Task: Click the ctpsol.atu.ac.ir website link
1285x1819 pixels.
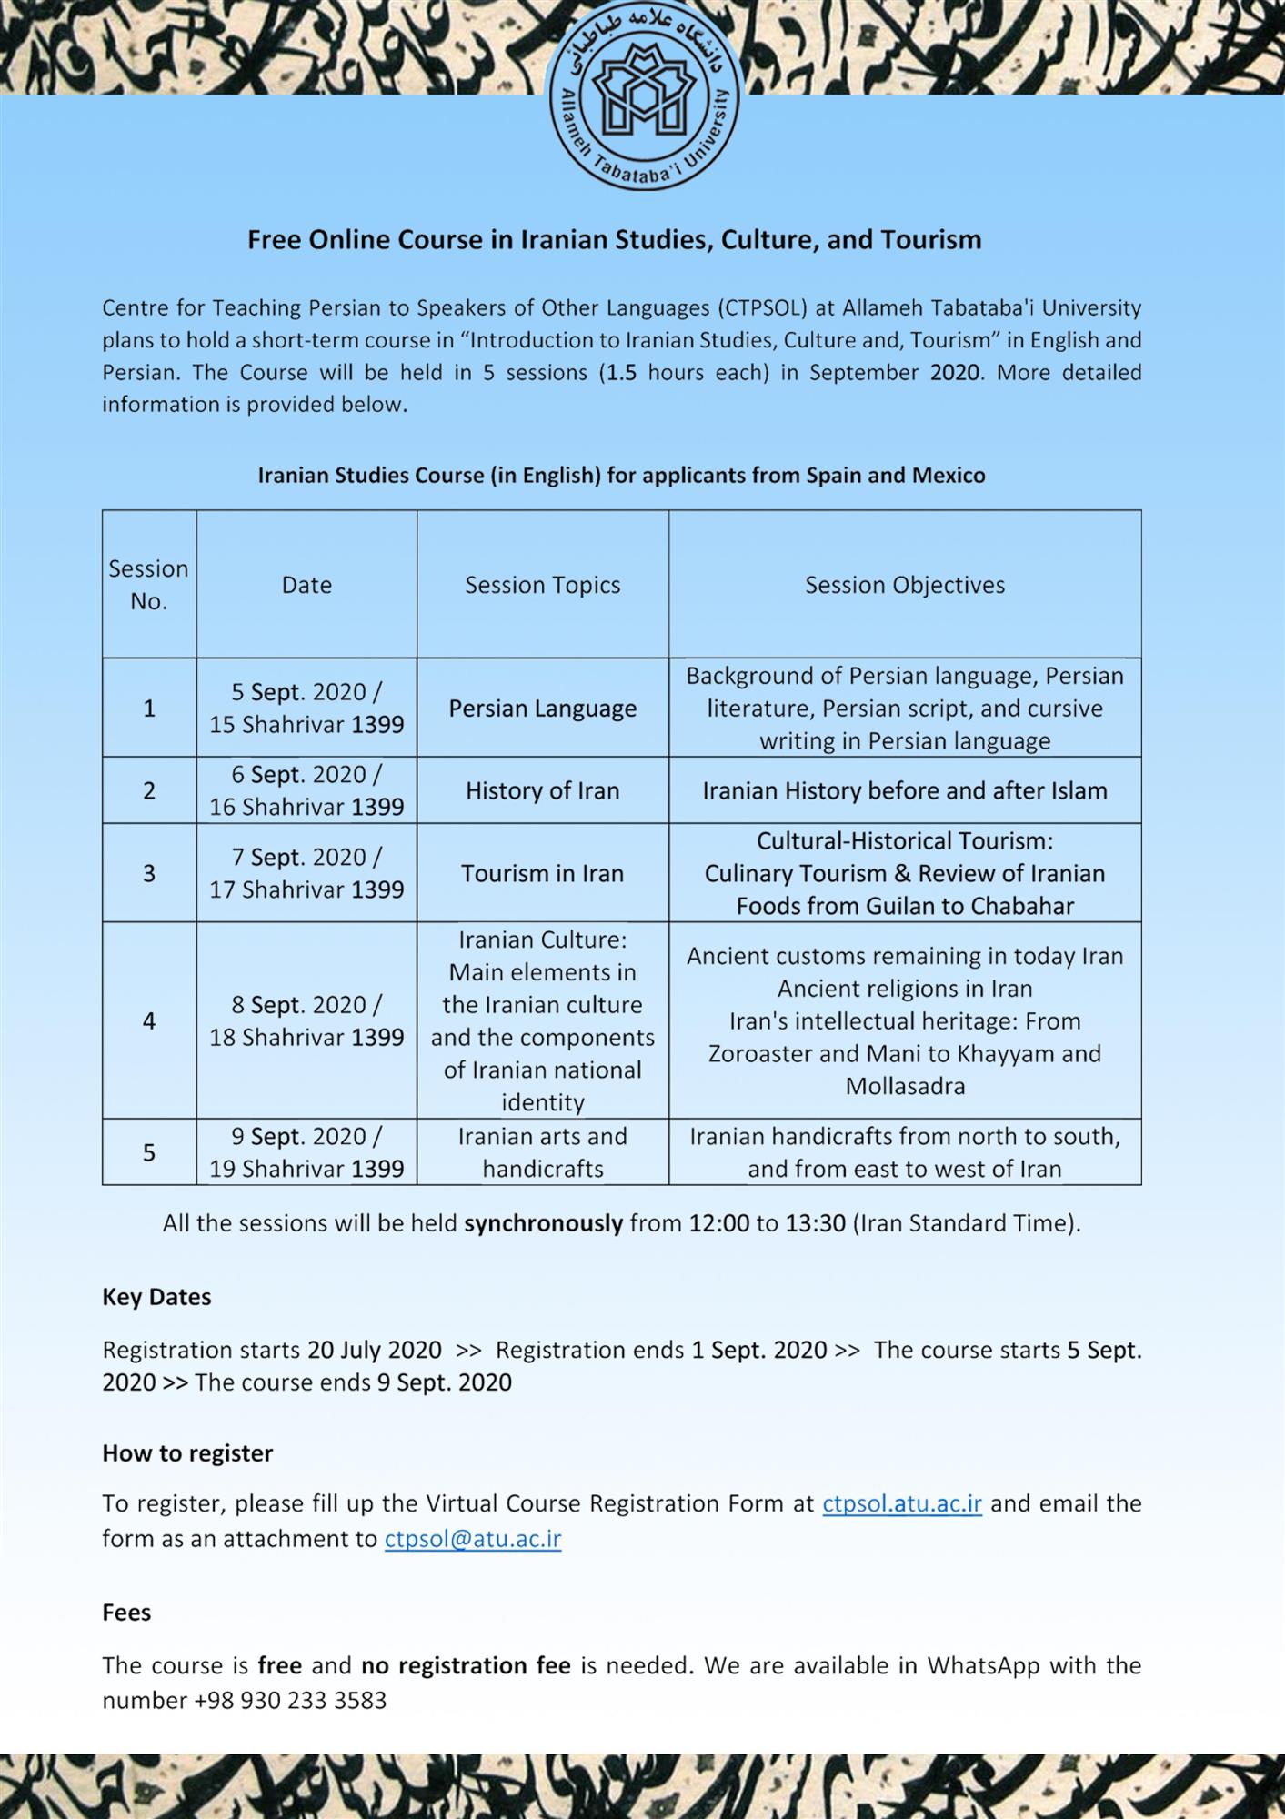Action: (x=901, y=1502)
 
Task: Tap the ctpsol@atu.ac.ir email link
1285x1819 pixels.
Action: (x=472, y=1538)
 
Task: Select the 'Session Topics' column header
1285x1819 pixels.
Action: (x=542, y=585)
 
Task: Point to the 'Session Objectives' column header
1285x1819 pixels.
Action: (x=904, y=585)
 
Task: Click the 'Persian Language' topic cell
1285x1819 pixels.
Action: (x=542, y=709)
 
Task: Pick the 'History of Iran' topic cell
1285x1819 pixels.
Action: (x=542, y=790)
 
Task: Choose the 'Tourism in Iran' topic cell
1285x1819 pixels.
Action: (x=542, y=873)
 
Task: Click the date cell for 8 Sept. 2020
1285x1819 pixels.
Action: (x=306, y=1020)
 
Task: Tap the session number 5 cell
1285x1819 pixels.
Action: (x=149, y=1152)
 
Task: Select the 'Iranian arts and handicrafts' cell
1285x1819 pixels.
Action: (x=542, y=1152)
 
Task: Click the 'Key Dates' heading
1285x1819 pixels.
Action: (x=156, y=1296)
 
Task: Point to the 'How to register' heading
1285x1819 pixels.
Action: (x=187, y=1452)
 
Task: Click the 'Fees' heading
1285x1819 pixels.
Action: (x=126, y=1612)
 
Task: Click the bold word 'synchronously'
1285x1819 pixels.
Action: (x=543, y=1223)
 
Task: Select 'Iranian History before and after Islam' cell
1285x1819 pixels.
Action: (x=904, y=790)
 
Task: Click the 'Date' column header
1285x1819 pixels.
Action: (x=306, y=585)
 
